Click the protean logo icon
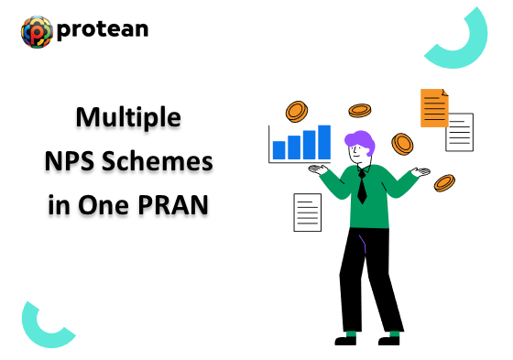pos(38,30)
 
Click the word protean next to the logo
pos(102,30)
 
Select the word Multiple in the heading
pos(127,117)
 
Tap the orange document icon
pos(433,108)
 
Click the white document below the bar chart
pos(307,212)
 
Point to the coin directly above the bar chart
pos(296,112)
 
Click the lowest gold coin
pos(445,182)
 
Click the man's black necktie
pos(362,187)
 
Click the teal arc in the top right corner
pos(464,41)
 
